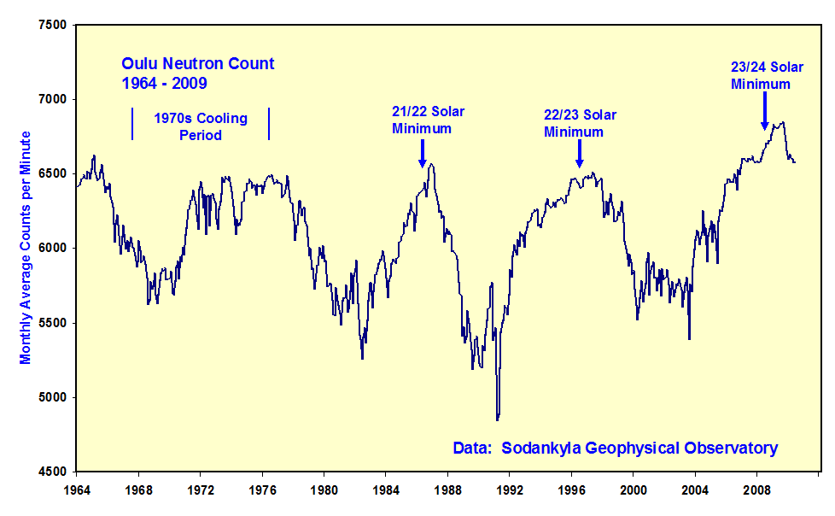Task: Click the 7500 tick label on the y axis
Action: (51, 25)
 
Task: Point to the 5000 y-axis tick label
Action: (51, 397)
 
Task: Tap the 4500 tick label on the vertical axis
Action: (51, 472)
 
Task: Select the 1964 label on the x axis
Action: (77, 490)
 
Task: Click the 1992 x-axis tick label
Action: (510, 490)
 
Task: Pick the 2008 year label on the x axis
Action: (757, 490)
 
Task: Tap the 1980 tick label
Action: (324, 490)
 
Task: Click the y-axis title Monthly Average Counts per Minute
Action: (26, 248)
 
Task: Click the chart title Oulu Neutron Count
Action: (197, 64)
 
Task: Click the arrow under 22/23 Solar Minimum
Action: (579, 153)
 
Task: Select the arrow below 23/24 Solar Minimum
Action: (764, 111)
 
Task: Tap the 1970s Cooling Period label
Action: (201, 126)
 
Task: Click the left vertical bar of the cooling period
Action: (132, 124)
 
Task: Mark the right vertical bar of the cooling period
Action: (269, 124)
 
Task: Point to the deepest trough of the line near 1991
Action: (497, 419)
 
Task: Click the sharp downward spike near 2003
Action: (689, 338)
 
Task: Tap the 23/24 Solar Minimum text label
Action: (761, 75)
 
